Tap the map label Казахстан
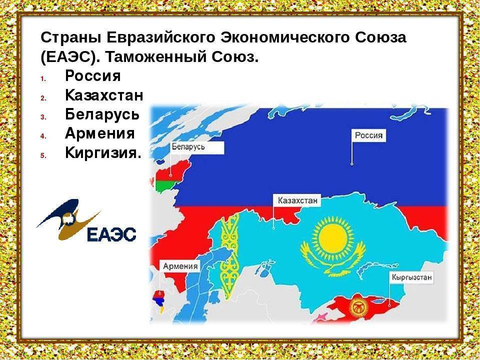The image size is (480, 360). (x=295, y=200)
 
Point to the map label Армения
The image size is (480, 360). (x=179, y=266)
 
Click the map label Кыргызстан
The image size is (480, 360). (x=411, y=277)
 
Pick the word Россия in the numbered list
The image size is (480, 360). (x=92, y=76)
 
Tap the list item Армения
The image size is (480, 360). (x=100, y=133)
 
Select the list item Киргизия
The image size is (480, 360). (x=103, y=152)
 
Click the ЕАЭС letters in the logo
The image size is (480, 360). (x=111, y=234)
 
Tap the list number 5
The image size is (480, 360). (x=43, y=154)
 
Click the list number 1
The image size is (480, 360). (x=43, y=78)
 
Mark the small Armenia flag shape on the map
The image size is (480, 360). (x=159, y=298)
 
